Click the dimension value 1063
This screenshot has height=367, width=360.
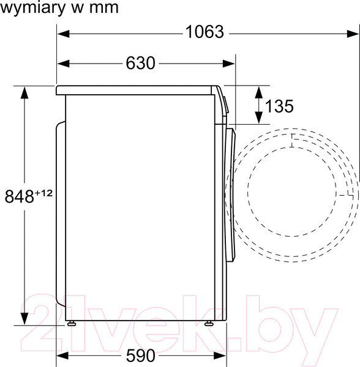[204, 32]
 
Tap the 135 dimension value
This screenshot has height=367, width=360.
[279, 106]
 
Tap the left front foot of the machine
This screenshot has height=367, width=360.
[72, 323]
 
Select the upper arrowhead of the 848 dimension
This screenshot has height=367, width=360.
[24, 92]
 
